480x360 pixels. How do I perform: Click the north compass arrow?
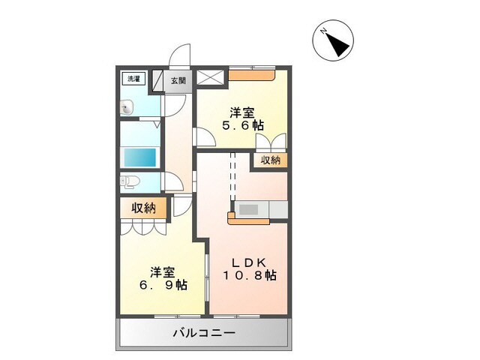click(334, 41)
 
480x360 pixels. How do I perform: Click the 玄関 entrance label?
click(178, 80)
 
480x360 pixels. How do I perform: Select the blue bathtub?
click(139, 157)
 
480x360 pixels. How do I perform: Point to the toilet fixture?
click(127, 181)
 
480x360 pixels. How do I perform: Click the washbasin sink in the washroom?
click(127, 107)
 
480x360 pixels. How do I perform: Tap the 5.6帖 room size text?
click(241, 126)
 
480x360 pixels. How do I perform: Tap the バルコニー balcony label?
click(204, 332)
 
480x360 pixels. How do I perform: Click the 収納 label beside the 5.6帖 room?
click(271, 160)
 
